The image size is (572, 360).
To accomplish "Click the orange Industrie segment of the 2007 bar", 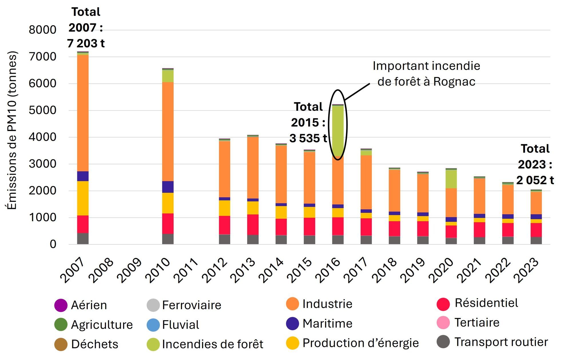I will click(83, 113).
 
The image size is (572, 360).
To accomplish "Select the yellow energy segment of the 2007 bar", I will click(83, 198).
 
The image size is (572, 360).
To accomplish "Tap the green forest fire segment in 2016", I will click(338, 130).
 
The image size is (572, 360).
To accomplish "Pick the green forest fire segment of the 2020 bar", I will click(451, 179).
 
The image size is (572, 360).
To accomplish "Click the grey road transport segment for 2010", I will click(168, 239).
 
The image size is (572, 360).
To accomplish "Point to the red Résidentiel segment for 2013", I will click(253, 225).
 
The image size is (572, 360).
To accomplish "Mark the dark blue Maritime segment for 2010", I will click(168, 187).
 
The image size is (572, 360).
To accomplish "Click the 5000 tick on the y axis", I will click(42, 110).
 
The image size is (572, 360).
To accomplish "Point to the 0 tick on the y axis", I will click(53, 244).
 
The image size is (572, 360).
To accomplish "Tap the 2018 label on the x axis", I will click(385, 270).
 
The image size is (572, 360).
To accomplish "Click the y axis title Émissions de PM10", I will click(12, 130).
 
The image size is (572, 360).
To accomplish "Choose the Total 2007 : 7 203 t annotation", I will click(86, 28).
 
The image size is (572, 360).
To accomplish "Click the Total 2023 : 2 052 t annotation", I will click(535, 165).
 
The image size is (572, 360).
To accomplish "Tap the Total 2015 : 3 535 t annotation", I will click(308, 122).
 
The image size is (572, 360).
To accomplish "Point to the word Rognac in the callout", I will click(454, 82).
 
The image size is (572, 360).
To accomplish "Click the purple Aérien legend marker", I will click(61, 305).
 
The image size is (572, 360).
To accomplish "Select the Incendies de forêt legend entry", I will click(212, 344).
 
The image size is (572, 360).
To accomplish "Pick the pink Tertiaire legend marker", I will click(443, 323).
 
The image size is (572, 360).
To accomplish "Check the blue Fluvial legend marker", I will click(153, 325).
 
